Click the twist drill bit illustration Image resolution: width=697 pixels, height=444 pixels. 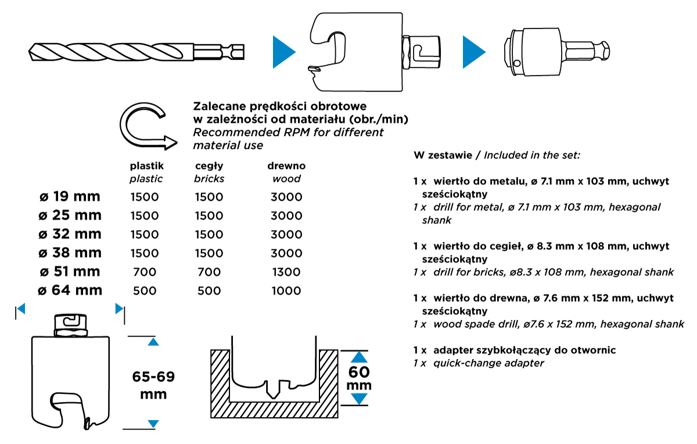click(x=136, y=52)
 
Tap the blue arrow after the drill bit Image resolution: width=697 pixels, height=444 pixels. click(x=284, y=52)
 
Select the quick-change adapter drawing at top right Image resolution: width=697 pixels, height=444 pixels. click(x=554, y=52)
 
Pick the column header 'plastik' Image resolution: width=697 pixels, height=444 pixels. click(x=146, y=166)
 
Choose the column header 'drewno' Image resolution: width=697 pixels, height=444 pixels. click(x=286, y=166)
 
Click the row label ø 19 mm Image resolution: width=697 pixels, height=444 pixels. click(x=69, y=196)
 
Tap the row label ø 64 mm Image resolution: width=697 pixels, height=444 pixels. click(x=69, y=290)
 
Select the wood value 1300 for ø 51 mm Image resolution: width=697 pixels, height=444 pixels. click(x=286, y=271)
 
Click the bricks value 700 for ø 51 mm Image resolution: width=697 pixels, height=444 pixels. click(x=209, y=271)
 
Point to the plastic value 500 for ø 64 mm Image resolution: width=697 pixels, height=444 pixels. click(x=145, y=290)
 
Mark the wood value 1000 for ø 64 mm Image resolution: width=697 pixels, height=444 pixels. click(x=286, y=290)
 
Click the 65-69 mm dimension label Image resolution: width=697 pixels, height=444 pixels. click(x=153, y=385)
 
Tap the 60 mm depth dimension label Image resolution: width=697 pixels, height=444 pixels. click(x=360, y=378)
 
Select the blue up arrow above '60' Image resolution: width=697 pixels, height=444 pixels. click(x=360, y=357)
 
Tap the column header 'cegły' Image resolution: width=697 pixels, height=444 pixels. click(x=209, y=166)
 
